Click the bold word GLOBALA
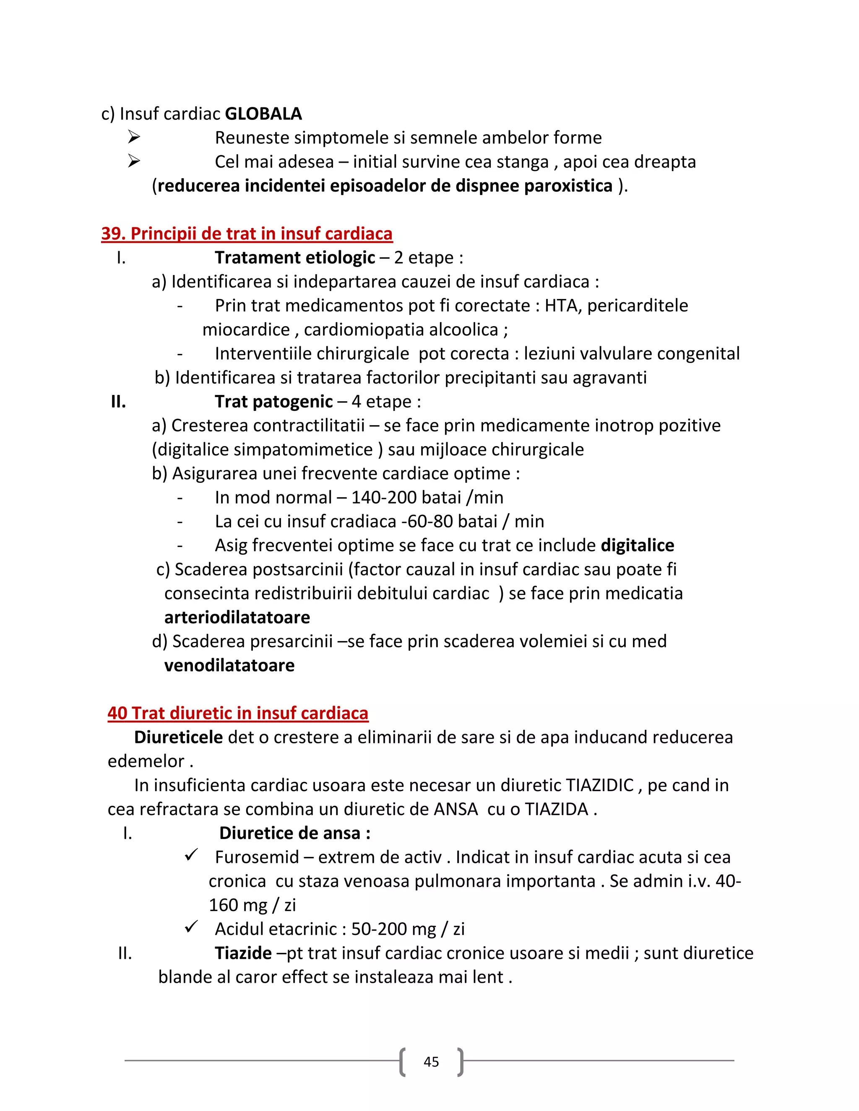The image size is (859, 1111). coord(263,114)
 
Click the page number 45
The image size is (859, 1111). coord(431,1062)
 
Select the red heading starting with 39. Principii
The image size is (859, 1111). coord(247,234)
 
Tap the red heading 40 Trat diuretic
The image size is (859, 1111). coord(238,713)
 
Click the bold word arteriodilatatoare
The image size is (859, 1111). coord(237,617)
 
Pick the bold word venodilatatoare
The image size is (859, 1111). coord(229,665)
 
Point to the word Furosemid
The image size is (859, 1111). coord(257,857)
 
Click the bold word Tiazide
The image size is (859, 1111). coord(243,953)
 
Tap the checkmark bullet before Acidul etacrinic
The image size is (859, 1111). coord(191,927)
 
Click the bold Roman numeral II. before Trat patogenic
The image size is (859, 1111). coord(119,401)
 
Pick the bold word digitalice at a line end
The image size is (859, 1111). coord(637,545)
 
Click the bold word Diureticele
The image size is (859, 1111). coord(178,737)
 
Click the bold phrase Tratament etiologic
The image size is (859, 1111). coord(294,257)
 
